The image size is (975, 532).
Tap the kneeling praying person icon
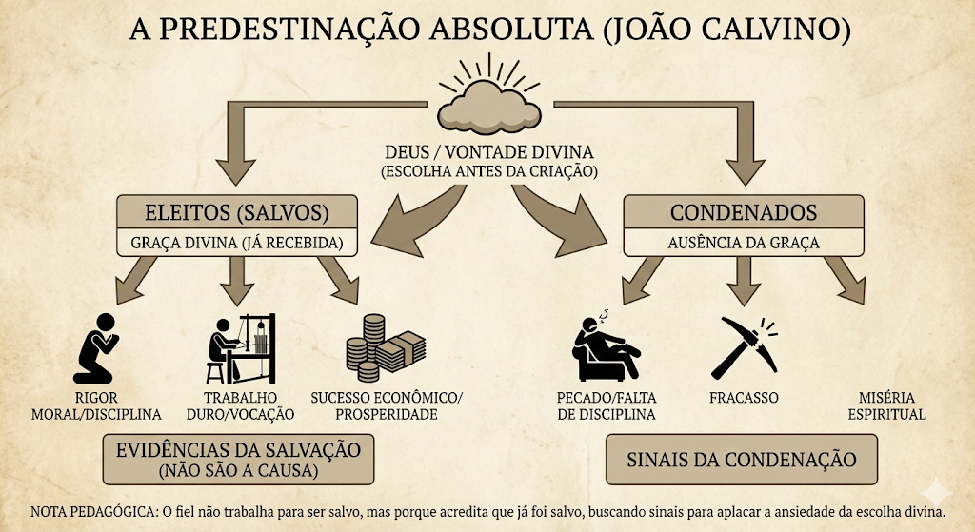click(x=95, y=348)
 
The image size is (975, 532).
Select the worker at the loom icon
click(x=241, y=348)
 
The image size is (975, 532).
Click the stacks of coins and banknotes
click(x=386, y=347)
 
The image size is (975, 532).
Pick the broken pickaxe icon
click(x=745, y=347)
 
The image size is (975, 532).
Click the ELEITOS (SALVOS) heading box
click(x=237, y=212)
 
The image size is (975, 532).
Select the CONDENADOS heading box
click(x=744, y=212)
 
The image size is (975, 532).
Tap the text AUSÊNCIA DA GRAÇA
click(x=744, y=243)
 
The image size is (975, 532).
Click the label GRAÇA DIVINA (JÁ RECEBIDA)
click(x=237, y=243)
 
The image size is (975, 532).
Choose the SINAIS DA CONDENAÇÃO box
click(x=742, y=460)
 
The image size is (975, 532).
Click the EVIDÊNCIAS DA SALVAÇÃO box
click(x=238, y=460)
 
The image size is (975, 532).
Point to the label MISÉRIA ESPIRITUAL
click(x=886, y=405)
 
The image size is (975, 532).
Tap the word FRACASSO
click(x=744, y=398)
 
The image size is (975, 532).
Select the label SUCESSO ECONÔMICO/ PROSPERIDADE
click(x=387, y=405)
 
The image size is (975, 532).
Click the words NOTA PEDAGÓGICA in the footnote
click(x=93, y=512)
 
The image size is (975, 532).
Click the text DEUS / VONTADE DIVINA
click(x=489, y=151)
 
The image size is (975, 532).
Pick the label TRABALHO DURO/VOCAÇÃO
click(x=241, y=405)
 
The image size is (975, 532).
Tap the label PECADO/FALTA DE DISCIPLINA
click(x=607, y=405)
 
